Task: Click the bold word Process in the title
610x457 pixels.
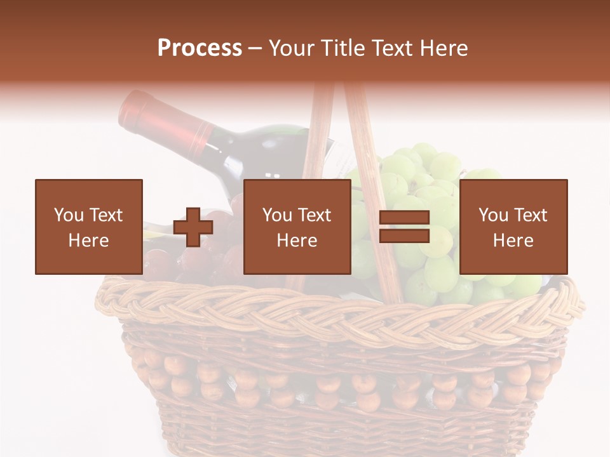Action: coord(200,48)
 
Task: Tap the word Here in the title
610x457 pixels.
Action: coord(443,48)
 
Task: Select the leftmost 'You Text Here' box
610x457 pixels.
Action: coord(88,227)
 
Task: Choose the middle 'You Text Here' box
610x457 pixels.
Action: coord(297,227)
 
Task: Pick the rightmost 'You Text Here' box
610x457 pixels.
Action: coord(513,227)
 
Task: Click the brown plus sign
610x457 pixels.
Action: coord(193,227)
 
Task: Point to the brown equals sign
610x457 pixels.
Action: coord(404,227)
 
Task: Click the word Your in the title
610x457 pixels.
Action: coord(290,48)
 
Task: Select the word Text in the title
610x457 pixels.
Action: coord(393,48)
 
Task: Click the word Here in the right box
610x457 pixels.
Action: coord(513,240)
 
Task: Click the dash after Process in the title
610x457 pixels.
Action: coord(255,48)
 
